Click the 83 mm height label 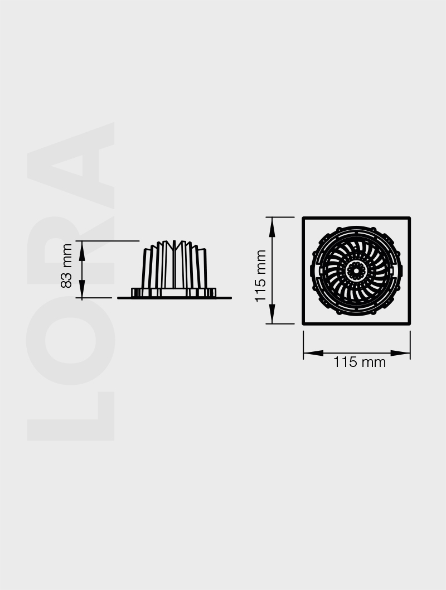pos(66,265)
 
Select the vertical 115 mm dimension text pos(261,276)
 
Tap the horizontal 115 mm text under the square pos(360,362)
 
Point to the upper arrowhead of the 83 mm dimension pos(82,246)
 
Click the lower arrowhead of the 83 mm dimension pos(82,293)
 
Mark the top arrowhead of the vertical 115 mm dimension pos(272,223)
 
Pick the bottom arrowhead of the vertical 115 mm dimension pos(272,318)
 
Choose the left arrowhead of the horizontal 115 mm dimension pos(309,352)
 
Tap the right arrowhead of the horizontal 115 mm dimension pos(404,352)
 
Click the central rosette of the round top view pos(355,271)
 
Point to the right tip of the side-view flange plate pos(230,298)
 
